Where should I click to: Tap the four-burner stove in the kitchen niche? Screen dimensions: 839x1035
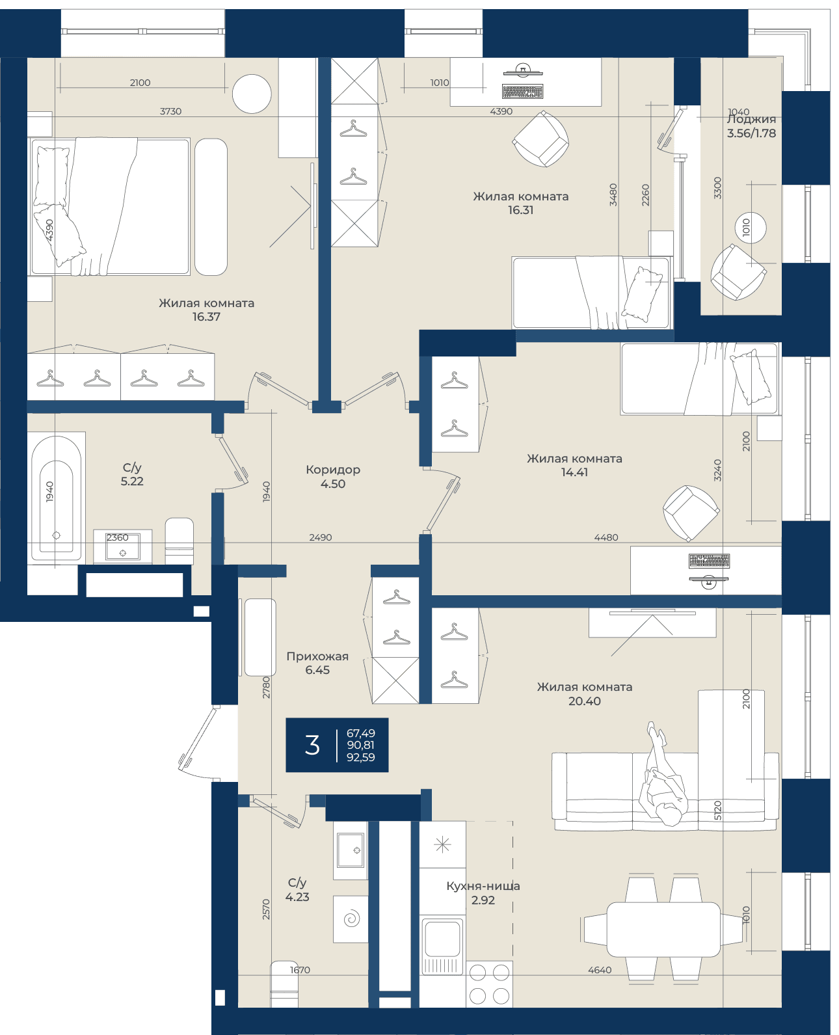489,984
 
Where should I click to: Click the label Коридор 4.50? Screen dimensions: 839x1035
333,477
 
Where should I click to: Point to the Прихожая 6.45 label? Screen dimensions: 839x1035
317,663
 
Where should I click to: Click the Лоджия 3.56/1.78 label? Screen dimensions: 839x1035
751,126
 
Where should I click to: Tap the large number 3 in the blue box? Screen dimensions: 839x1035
312,745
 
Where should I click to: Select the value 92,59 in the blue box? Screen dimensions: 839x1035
360,757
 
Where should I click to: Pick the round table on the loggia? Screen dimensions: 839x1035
751,228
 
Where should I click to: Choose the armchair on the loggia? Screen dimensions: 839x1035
738,272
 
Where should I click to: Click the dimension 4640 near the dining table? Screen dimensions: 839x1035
600,970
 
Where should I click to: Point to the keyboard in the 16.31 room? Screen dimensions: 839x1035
522,91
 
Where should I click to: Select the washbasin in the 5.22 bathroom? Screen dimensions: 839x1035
122,546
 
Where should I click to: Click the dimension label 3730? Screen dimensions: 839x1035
170,111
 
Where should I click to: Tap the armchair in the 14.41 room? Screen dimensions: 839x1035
691,513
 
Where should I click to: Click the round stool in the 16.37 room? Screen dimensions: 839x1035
252,94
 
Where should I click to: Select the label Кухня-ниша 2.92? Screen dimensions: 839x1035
483,893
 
